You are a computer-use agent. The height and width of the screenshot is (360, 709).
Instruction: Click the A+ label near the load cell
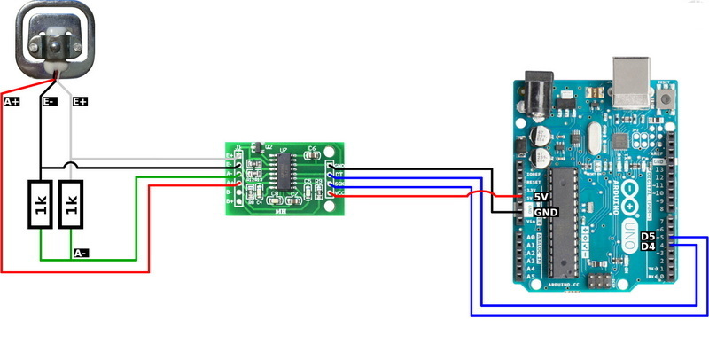click(12, 102)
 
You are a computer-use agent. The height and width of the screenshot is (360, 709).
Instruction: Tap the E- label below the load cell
click(50, 102)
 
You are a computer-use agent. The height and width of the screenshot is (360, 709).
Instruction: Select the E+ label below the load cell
click(80, 102)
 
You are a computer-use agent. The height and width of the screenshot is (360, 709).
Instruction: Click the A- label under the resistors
click(81, 253)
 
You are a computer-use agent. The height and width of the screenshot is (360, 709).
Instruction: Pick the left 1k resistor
click(41, 204)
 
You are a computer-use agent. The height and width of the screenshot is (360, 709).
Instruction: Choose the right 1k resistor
click(72, 204)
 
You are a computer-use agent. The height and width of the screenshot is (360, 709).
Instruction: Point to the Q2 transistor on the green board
click(257, 147)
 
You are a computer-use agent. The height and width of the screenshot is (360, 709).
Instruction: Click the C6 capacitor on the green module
click(311, 153)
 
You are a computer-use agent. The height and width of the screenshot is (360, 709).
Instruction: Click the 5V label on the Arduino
click(543, 198)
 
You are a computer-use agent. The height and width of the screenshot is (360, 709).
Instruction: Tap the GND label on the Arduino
click(546, 213)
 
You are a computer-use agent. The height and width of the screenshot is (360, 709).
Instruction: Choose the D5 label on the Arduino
click(649, 236)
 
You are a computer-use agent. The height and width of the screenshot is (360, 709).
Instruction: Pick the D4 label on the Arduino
click(649, 247)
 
